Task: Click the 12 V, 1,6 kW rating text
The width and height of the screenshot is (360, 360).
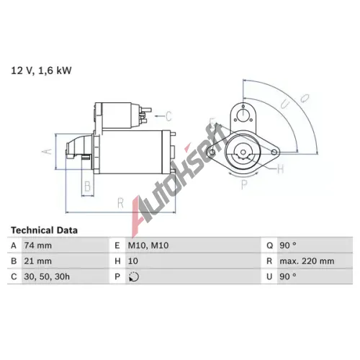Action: click(x=41, y=71)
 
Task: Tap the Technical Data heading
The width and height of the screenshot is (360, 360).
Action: click(x=44, y=230)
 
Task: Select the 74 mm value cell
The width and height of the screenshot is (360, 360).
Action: click(x=37, y=246)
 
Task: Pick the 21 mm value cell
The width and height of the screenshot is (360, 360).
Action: click(x=37, y=261)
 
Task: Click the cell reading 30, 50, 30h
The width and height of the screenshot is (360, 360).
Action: click(x=47, y=276)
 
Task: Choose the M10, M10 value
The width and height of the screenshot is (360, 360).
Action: click(x=148, y=246)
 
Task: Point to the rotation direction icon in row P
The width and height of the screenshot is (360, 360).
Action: click(x=134, y=276)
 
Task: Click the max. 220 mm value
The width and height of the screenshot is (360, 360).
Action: click(x=307, y=261)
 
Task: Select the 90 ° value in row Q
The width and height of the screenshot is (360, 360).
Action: click(x=288, y=246)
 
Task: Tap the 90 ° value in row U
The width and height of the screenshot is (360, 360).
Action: click(x=288, y=276)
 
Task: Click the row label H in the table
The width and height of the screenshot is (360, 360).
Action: click(x=117, y=261)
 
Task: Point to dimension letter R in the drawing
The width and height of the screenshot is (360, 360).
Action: click(x=120, y=203)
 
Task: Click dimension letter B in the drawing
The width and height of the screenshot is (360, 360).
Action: click(x=88, y=186)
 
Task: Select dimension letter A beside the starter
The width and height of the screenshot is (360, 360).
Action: click(x=47, y=151)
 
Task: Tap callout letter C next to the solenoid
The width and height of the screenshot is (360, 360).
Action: click(x=168, y=116)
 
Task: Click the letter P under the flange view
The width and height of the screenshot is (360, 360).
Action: click(x=244, y=184)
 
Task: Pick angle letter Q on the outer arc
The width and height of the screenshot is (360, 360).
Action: click(x=305, y=99)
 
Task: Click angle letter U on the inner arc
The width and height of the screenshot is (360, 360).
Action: click(x=285, y=104)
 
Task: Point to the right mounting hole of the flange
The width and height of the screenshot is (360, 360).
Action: click(x=274, y=152)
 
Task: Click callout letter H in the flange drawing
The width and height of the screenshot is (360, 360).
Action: click(x=280, y=169)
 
